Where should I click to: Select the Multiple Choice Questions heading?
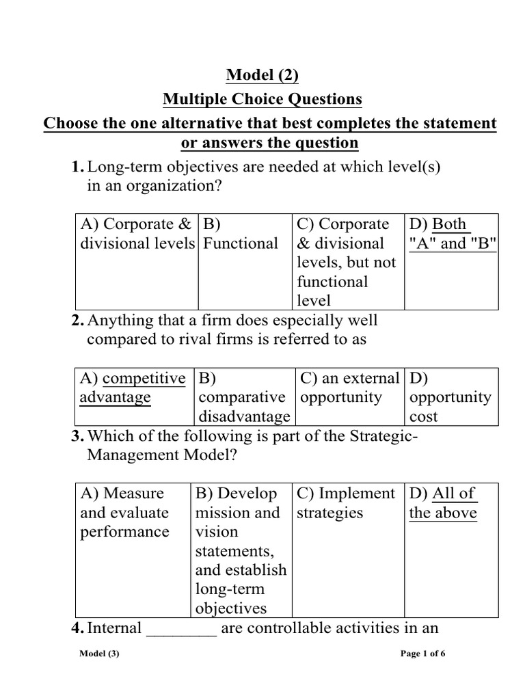[x=262, y=100]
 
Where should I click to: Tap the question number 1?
[x=77, y=167]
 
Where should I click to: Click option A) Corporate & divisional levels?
[x=136, y=234]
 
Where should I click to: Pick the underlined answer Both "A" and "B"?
[x=451, y=234]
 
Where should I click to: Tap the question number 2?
[x=77, y=320]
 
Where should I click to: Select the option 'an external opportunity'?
[x=349, y=388]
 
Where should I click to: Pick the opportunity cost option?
[x=450, y=398]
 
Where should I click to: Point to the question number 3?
[x=77, y=437]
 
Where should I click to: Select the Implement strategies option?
[x=346, y=503]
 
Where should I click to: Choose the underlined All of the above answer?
[x=443, y=503]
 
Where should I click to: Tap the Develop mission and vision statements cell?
[x=241, y=551]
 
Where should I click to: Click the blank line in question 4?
[x=182, y=629]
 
